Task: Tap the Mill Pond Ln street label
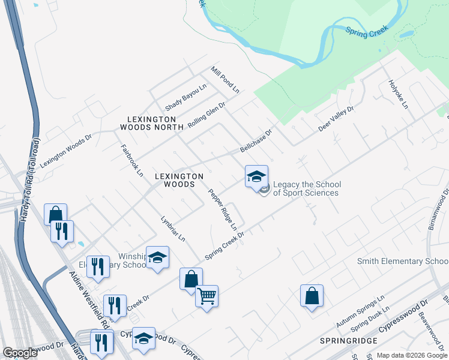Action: tap(225, 80)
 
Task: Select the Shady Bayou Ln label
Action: tap(186, 96)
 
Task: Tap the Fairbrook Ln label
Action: tap(132, 160)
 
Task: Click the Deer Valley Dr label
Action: tap(336, 119)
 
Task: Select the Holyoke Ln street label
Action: tap(398, 94)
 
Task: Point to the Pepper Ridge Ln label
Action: tap(223, 210)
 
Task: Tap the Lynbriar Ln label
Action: tap(173, 229)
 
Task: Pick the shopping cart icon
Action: tap(206, 296)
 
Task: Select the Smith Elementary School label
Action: tap(403, 262)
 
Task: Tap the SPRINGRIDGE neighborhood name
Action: tap(349, 340)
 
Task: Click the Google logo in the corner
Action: tap(20, 352)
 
